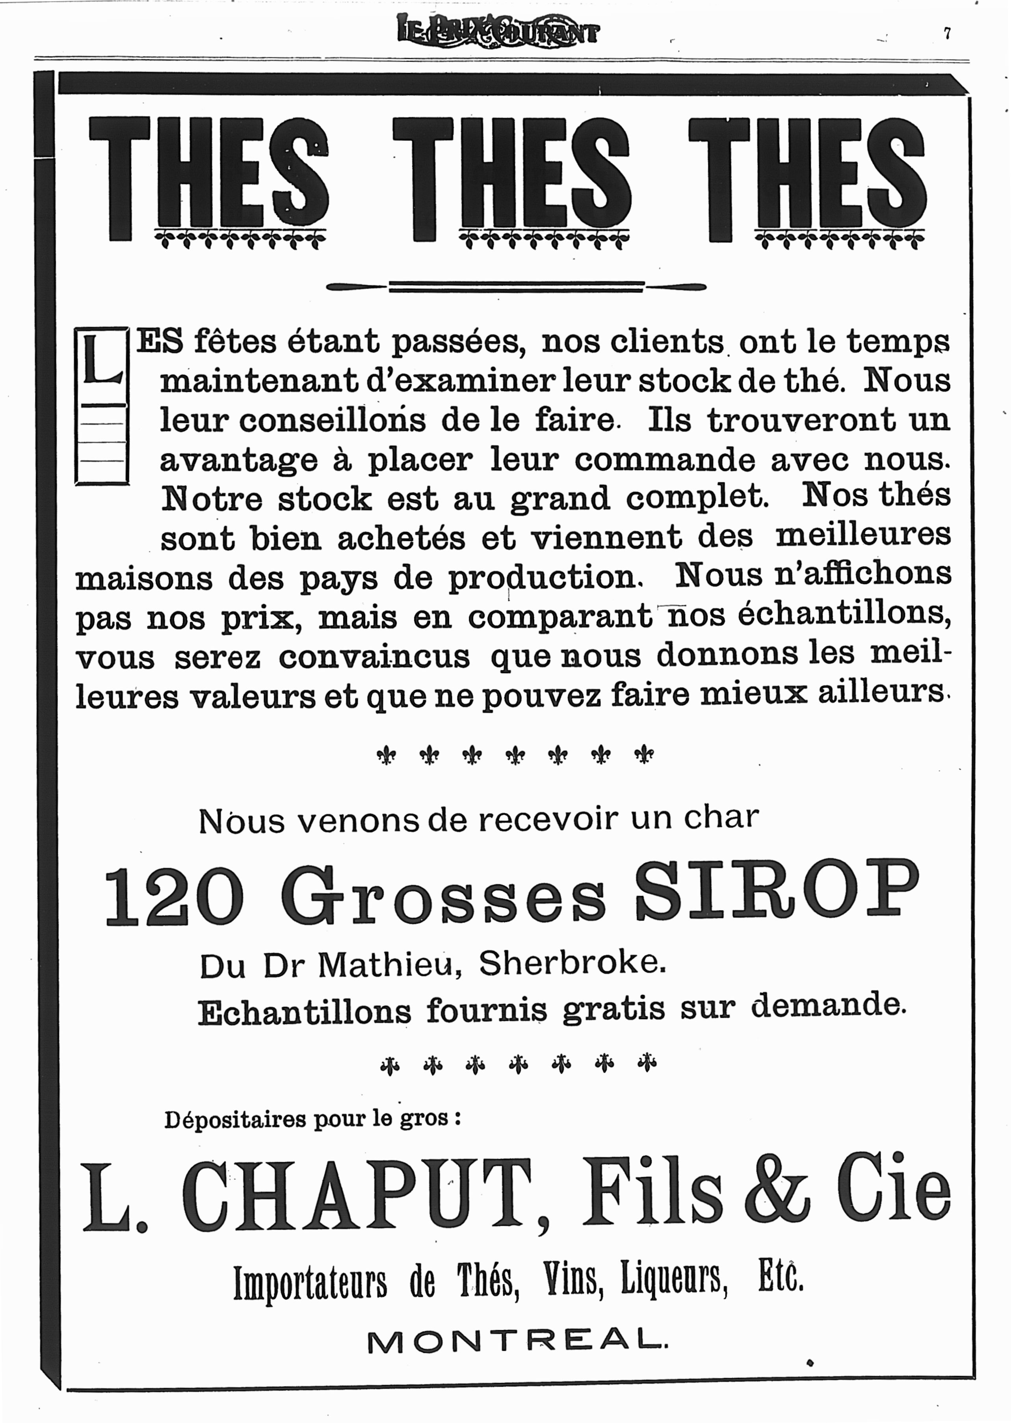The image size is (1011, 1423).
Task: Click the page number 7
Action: click(x=947, y=34)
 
